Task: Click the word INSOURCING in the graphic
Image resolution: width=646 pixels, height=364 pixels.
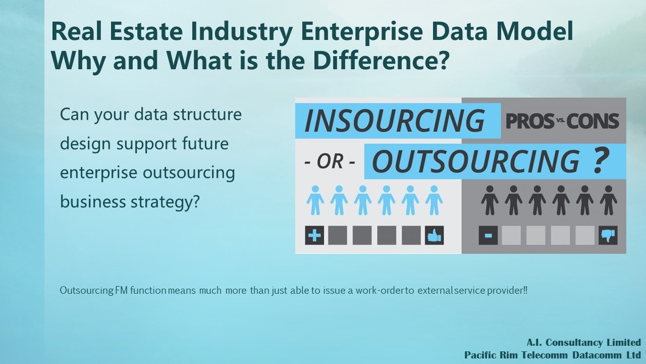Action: click(395, 120)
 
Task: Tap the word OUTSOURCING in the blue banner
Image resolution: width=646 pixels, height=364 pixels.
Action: click(476, 161)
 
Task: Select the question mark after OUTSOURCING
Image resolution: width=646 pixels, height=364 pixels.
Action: click(601, 160)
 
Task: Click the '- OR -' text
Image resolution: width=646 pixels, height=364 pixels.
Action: click(330, 161)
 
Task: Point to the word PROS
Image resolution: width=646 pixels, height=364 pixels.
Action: click(530, 121)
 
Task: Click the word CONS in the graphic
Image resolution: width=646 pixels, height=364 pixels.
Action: click(593, 121)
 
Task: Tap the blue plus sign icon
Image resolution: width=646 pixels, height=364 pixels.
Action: click(314, 235)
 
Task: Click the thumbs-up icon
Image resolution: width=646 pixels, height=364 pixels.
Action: click(435, 235)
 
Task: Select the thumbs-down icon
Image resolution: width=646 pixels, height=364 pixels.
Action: click(608, 235)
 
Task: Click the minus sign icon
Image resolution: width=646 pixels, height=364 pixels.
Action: click(488, 235)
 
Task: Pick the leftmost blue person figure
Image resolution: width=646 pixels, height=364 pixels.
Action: click(315, 200)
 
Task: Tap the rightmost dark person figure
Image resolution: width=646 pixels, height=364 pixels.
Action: click(609, 200)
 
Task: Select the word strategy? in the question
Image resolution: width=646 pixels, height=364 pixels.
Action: click(165, 202)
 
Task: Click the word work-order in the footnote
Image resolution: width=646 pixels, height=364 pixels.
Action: click(380, 290)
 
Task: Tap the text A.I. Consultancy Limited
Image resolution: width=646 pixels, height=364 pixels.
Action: click(584, 342)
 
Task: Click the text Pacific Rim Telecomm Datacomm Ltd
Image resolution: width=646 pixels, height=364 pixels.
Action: click(553, 355)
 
